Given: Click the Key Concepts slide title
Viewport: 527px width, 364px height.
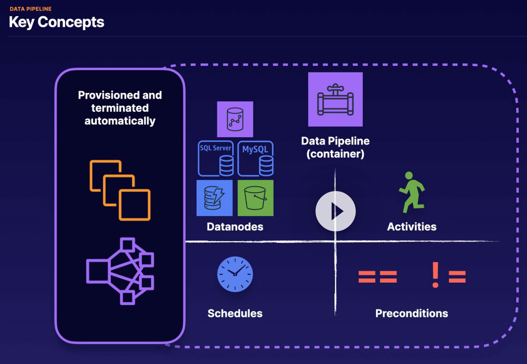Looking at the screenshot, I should coord(56,22).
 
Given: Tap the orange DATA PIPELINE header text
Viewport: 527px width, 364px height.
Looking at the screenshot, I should coord(31,9).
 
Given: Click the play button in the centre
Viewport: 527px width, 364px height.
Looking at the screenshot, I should coord(335,211).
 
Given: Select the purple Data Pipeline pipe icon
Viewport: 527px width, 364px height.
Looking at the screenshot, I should coord(335,99).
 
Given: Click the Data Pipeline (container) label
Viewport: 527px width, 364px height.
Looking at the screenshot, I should coord(335,147).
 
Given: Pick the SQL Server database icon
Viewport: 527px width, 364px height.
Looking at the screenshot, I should coord(216,159).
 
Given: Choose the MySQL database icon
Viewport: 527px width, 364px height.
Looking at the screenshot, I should coord(255,159).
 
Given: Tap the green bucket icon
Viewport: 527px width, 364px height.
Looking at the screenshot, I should coord(255,198).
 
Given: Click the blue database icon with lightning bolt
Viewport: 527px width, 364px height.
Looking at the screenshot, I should coord(215,198).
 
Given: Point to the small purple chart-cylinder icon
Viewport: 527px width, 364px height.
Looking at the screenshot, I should coord(235,119).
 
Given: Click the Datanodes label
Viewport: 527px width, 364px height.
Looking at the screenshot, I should coord(235,227).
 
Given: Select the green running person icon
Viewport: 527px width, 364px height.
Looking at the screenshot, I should coord(412,193).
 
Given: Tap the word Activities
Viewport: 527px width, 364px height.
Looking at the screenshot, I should coord(412,227).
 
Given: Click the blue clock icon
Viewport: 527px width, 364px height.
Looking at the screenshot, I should coord(235,274).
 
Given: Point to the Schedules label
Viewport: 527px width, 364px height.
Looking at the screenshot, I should coord(235,313).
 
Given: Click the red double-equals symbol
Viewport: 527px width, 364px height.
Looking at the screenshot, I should coord(378,277).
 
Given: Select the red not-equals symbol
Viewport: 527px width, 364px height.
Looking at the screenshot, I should coord(449,275).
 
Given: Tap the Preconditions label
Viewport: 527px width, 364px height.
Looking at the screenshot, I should coord(412,313).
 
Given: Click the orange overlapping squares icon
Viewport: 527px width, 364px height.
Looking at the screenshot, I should coord(120,190).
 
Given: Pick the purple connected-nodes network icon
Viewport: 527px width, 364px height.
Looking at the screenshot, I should coord(120,271).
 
